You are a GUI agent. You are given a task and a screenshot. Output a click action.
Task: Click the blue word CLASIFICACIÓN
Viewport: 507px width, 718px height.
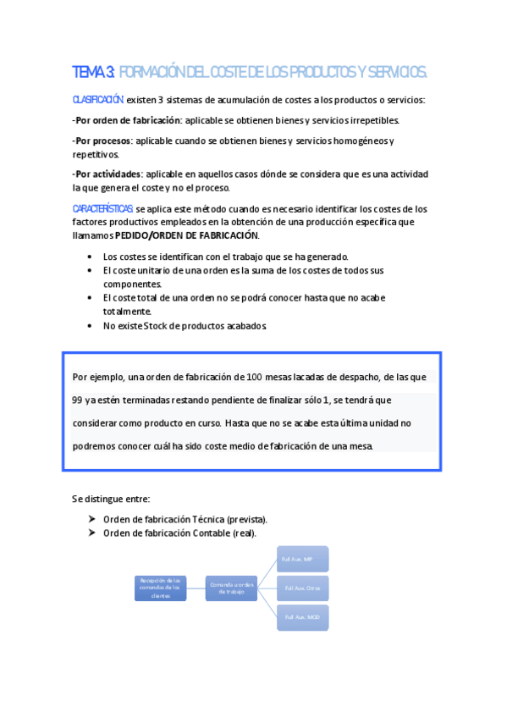click(98, 100)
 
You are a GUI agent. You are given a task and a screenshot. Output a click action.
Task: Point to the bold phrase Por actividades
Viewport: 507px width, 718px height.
click(107, 174)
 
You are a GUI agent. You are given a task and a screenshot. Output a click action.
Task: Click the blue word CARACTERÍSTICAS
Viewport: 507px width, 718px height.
click(102, 208)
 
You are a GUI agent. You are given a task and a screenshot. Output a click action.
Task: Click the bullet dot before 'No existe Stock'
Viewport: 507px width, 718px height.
click(91, 325)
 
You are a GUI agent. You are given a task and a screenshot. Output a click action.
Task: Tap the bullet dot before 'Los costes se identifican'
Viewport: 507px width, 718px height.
click(91, 257)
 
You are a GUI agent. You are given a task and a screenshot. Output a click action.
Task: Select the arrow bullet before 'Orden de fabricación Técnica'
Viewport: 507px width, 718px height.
click(91, 519)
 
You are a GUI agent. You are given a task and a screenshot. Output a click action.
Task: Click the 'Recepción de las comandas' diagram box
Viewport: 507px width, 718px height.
click(160, 588)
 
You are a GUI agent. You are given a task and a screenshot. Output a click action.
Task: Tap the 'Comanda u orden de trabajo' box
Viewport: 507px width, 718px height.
click(231, 588)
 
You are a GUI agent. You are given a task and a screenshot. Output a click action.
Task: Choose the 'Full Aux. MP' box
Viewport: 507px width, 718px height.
click(302, 559)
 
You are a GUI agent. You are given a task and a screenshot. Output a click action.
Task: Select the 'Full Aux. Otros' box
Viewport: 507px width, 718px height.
click(302, 588)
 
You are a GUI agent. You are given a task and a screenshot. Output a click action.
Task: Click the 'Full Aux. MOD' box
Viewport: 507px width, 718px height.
click(302, 616)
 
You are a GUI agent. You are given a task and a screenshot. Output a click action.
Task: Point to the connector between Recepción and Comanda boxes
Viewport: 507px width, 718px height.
click(196, 588)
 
